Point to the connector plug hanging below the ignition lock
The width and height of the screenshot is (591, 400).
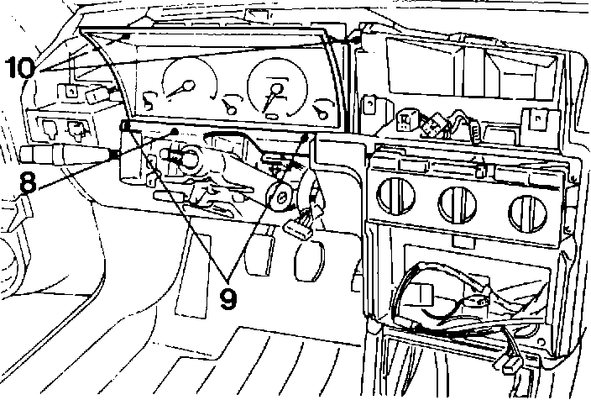[x=300, y=225]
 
